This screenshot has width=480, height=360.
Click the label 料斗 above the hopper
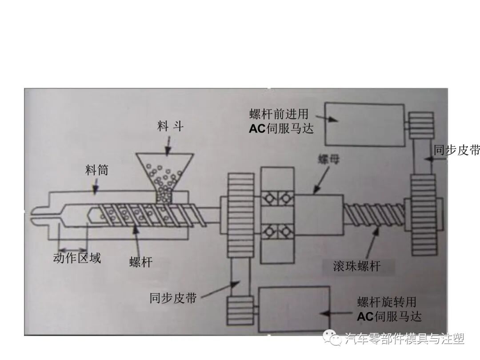point(170,127)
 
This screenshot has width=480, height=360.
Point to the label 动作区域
point(77,258)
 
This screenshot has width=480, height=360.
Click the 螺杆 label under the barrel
point(141,262)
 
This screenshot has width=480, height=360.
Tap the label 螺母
point(328,160)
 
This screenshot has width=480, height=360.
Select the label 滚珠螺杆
point(357,266)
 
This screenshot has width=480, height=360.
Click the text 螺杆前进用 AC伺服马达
point(281,122)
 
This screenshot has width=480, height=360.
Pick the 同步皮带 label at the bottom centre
point(173,297)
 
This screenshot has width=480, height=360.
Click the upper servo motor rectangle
point(364,124)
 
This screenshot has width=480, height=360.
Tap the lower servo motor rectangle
point(294,309)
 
